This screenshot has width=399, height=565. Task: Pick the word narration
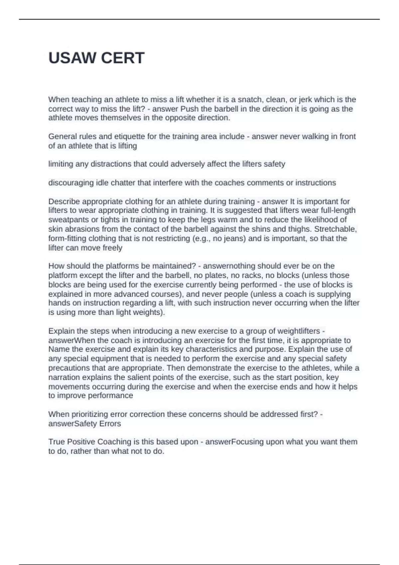(x=64, y=378)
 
